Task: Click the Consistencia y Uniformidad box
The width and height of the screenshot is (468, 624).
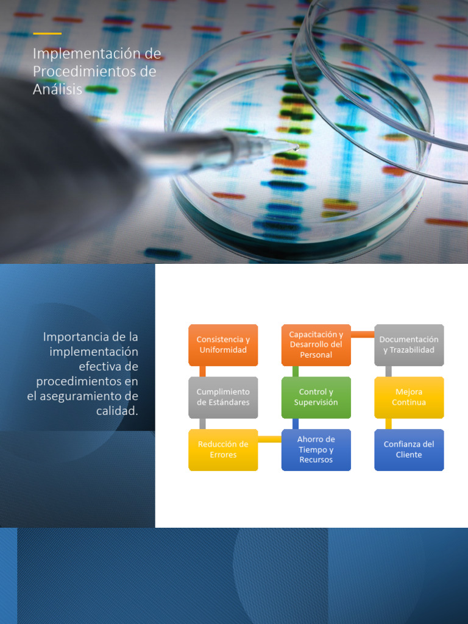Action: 223,345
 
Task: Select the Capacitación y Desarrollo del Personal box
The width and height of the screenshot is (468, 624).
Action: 316,345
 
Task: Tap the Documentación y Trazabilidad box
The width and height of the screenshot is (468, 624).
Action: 409,345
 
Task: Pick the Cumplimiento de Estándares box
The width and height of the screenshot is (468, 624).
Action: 223,397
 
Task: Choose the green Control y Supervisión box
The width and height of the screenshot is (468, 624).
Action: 316,397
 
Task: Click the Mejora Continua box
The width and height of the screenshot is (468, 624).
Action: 409,397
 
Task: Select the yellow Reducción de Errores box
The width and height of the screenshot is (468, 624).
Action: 223,450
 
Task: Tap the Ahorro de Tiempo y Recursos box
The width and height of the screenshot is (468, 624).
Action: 316,450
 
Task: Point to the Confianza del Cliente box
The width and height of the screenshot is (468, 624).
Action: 409,450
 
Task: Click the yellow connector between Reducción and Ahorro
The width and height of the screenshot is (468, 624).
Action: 270,439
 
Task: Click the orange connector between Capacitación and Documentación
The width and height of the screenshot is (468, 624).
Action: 363,335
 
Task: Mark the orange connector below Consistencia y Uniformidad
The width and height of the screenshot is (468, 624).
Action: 202,371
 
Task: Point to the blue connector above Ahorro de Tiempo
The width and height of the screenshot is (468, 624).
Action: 296,424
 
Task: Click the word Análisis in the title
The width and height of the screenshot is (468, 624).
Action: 57,89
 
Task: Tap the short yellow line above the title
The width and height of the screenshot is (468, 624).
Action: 48,34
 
